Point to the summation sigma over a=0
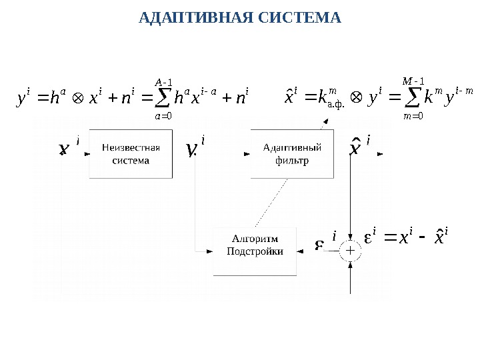163,99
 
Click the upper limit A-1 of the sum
163,82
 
